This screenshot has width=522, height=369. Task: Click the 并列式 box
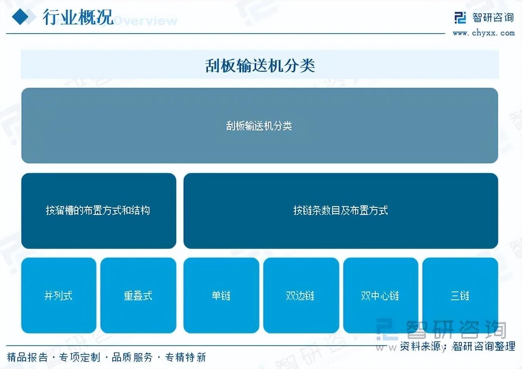point(59,295)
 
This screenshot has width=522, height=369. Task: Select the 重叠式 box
point(138,295)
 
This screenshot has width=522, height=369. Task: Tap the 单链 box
point(221,295)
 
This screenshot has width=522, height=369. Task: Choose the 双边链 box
point(301,295)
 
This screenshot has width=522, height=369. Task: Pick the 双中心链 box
point(380,295)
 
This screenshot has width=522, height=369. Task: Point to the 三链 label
point(460,296)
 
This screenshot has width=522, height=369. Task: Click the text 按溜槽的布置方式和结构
point(98,211)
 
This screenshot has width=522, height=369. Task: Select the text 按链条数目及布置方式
point(340,211)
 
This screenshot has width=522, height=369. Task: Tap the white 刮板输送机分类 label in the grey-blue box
point(259,126)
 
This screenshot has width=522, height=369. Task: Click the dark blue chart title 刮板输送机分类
point(260,66)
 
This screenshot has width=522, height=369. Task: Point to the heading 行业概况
point(78,17)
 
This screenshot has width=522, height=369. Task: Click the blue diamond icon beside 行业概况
point(20,17)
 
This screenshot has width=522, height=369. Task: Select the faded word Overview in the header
point(146,21)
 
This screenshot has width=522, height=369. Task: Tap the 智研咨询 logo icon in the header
point(460,18)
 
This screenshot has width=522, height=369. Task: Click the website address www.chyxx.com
point(484,33)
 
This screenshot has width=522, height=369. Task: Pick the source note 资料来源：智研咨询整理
point(458,346)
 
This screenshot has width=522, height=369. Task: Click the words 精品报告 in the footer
point(27,357)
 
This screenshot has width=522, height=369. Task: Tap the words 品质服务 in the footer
point(132,357)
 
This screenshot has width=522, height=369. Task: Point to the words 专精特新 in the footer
point(185,357)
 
